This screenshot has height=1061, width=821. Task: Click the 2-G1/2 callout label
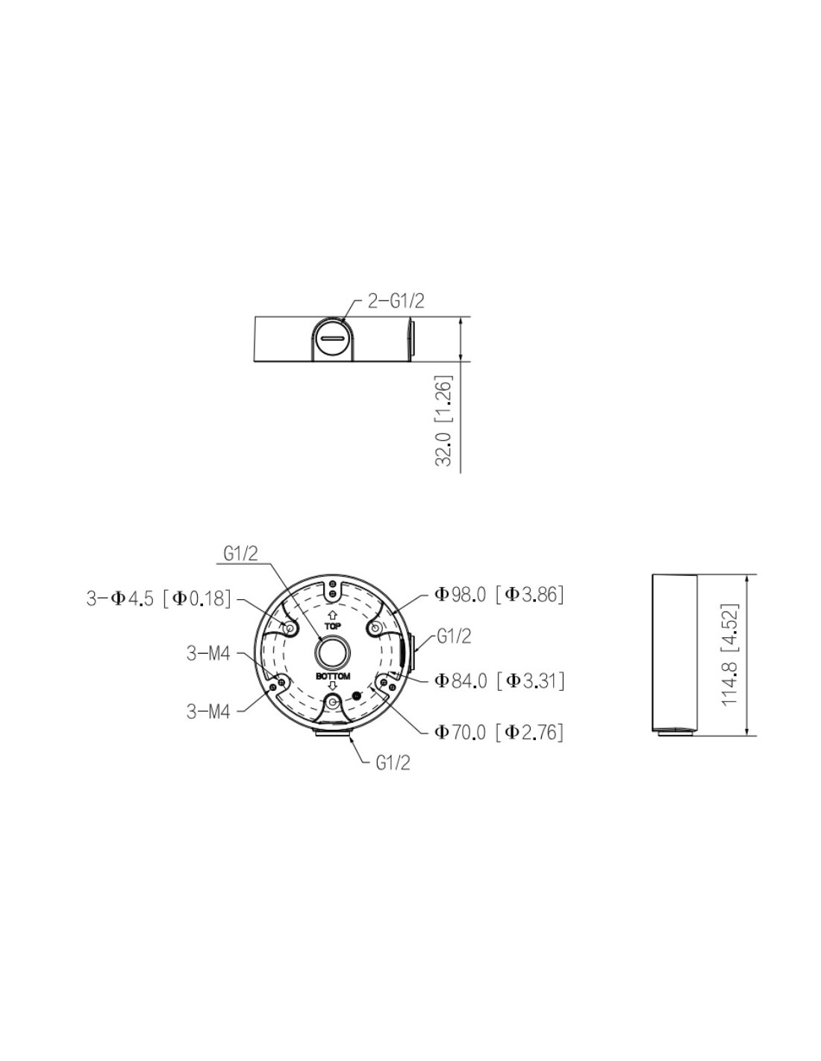(396, 301)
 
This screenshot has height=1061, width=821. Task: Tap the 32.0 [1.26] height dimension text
(444, 421)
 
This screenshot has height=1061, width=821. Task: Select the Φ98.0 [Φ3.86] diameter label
(499, 595)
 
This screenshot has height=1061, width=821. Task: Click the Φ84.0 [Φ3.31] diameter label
(499, 680)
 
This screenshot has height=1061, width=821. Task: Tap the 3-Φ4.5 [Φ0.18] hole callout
(158, 598)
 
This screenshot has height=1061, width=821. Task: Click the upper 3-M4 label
(208, 654)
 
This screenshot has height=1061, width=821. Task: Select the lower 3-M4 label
(208, 711)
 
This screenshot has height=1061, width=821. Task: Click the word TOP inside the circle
(332, 625)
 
